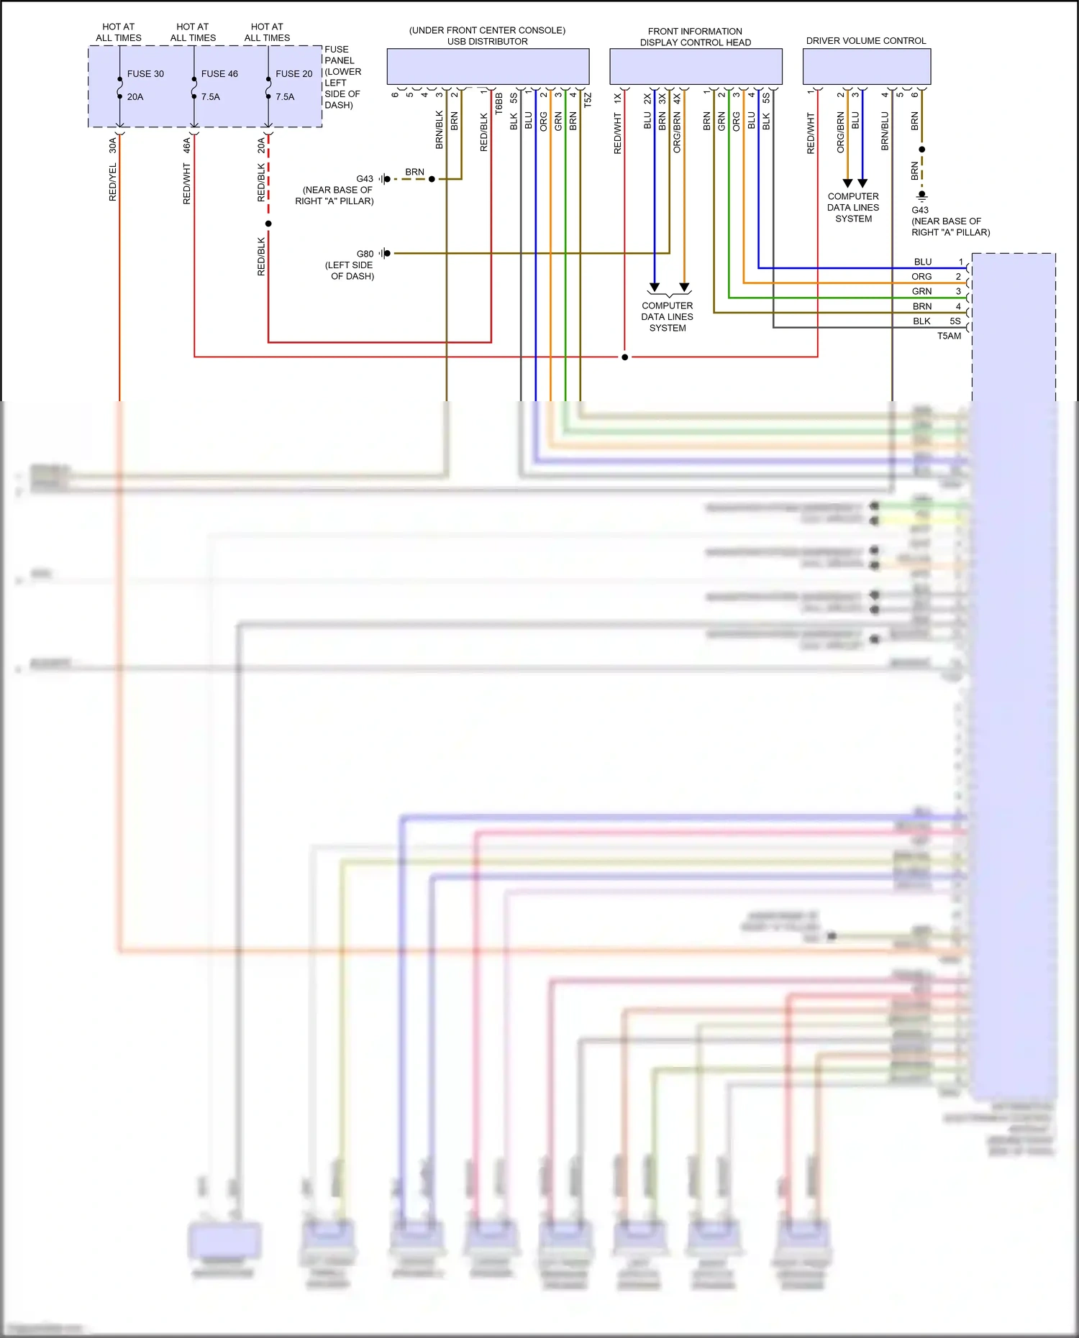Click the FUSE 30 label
[145, 74]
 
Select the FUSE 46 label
[219, 74]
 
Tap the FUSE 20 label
[293, 74]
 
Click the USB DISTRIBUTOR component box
[488, 67]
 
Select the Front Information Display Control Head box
[696, 67]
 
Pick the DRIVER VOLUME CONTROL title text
[866, 41]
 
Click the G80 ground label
[365, 254]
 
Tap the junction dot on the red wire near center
[624, 357]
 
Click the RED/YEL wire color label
[113, 182]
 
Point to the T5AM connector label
[949, 336]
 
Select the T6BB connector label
[498, 104]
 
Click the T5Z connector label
[588, 100]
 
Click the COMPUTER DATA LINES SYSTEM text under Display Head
[668, 317]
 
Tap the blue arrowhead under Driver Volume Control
[862, 183]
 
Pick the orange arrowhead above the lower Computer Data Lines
[684, 288]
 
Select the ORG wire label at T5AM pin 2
[921, 277]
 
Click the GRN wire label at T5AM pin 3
[921, 291]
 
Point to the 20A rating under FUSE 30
[135, 97]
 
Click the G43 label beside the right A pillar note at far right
[919, 210]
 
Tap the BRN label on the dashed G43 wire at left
[414, 172]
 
